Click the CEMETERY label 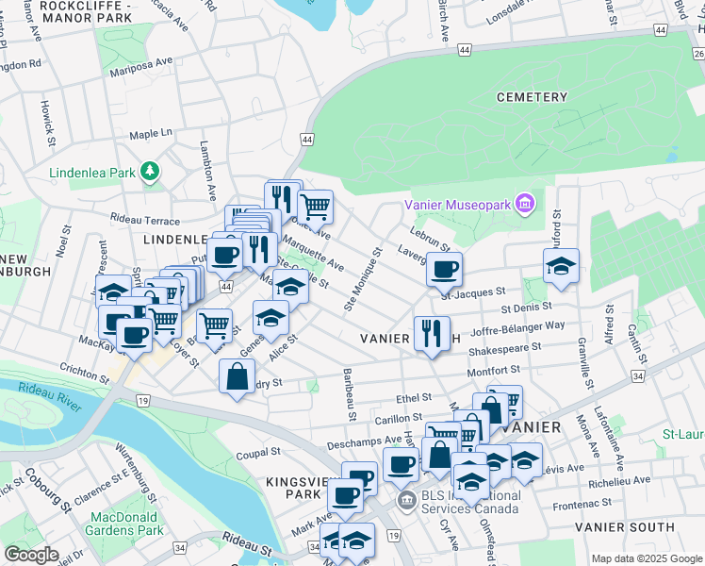pos(533,97)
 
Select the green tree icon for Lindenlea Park pos(148,171)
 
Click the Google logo pos(31,555)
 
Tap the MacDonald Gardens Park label pos(127,524)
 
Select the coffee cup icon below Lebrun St pos(444,269)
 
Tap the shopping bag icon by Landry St pos(236,377)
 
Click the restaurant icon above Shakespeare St pos(432,333)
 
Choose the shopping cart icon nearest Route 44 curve pos(315,205)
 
